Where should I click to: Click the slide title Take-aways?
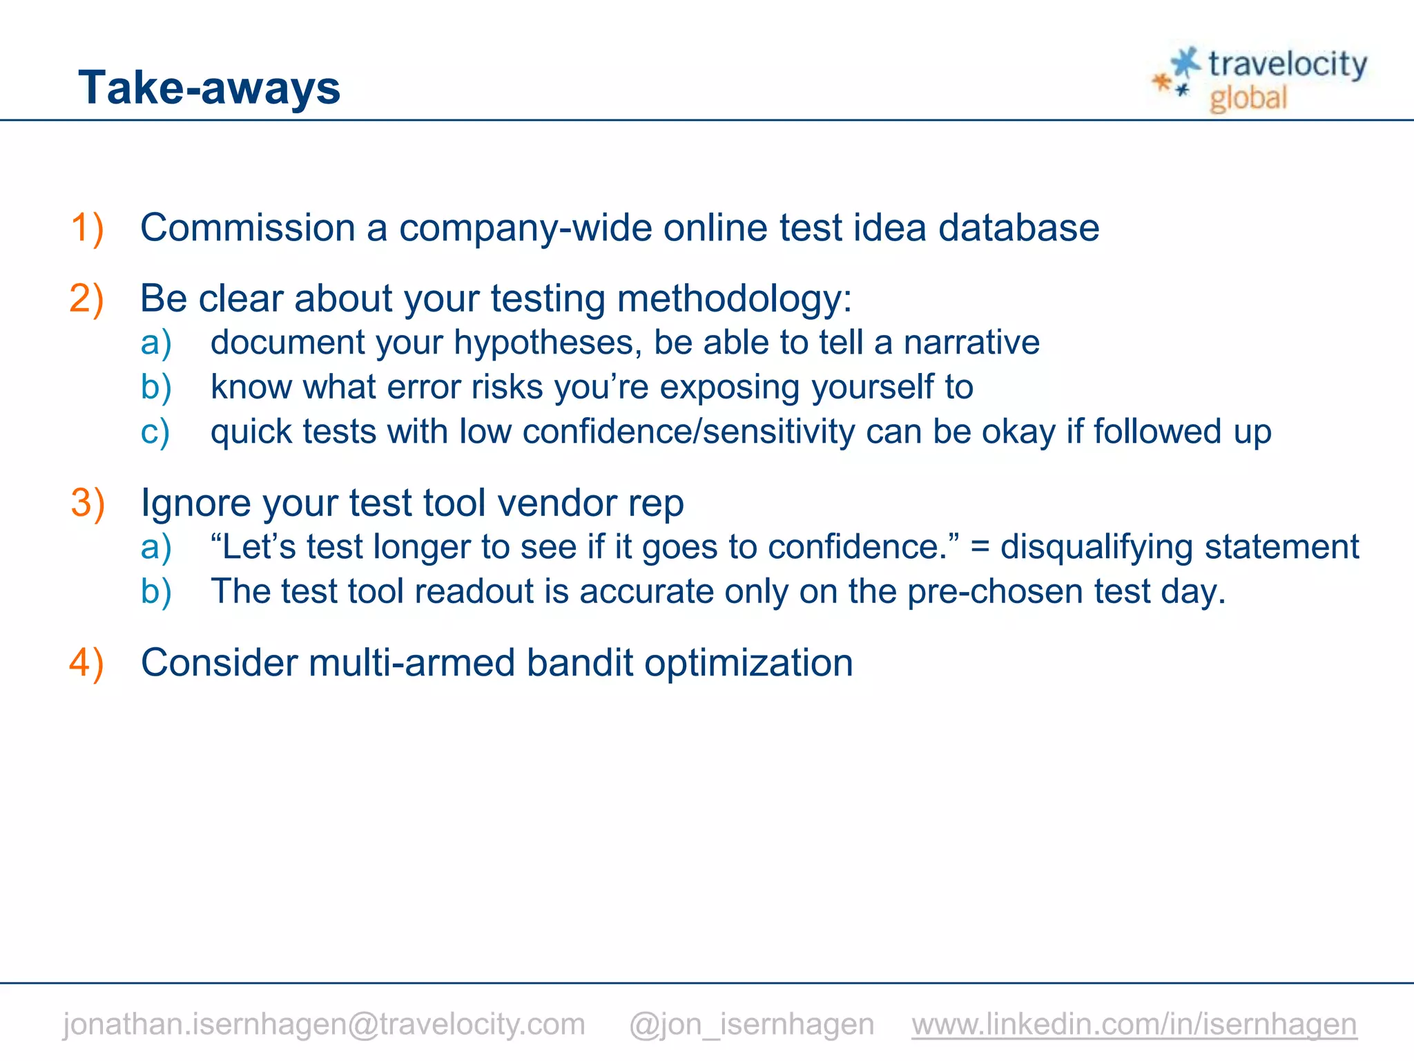click(x=209, y=88)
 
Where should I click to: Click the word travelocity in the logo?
click(x=1287, y=65)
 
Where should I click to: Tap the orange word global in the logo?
click(x=1248, y=98)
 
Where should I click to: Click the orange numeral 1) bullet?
click(x=87, y=228)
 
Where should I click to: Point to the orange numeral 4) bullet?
click(x=87, y=662)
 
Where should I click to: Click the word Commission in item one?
click(x=247, y=228)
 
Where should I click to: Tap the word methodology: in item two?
click(x=734, y=299)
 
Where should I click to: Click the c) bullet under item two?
click(x=155, y=432)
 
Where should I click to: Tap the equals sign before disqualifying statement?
click(x=980, y=548)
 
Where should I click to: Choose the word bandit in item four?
click(x=579, y=662)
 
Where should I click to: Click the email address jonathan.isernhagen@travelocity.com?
click(x=324, y=1024)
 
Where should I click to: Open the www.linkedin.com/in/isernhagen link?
click(x=1134, y=1024)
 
